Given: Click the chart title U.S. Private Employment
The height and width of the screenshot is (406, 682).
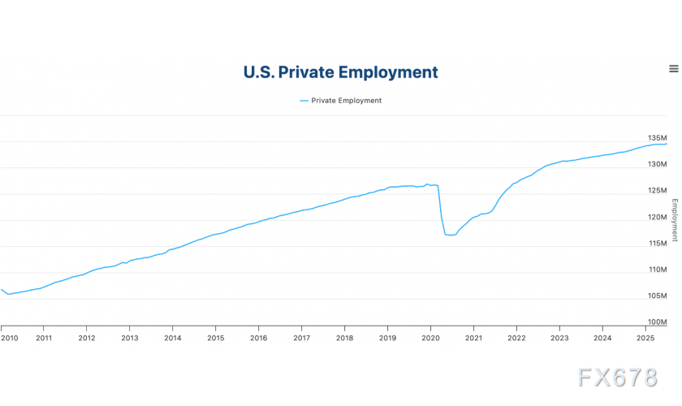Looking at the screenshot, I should [340, 72].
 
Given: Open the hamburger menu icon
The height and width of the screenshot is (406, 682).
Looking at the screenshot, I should [673, 69].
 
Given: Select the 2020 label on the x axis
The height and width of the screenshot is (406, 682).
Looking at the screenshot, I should [430, 338].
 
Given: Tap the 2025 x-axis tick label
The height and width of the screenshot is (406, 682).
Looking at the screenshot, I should [645, 338].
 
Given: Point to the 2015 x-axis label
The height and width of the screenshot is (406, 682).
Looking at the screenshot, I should [215, 338].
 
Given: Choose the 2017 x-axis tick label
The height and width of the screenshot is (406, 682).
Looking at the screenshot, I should [301, 338].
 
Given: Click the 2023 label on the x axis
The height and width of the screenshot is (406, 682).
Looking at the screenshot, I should [559, 338].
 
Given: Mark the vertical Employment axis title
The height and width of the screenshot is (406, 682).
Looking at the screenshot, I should [674, 220].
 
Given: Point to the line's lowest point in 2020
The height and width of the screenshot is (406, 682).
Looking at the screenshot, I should [451, 235].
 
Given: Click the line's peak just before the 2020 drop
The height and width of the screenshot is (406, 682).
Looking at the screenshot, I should [428, 184].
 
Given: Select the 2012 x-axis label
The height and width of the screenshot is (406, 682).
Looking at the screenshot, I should [86, 338].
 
